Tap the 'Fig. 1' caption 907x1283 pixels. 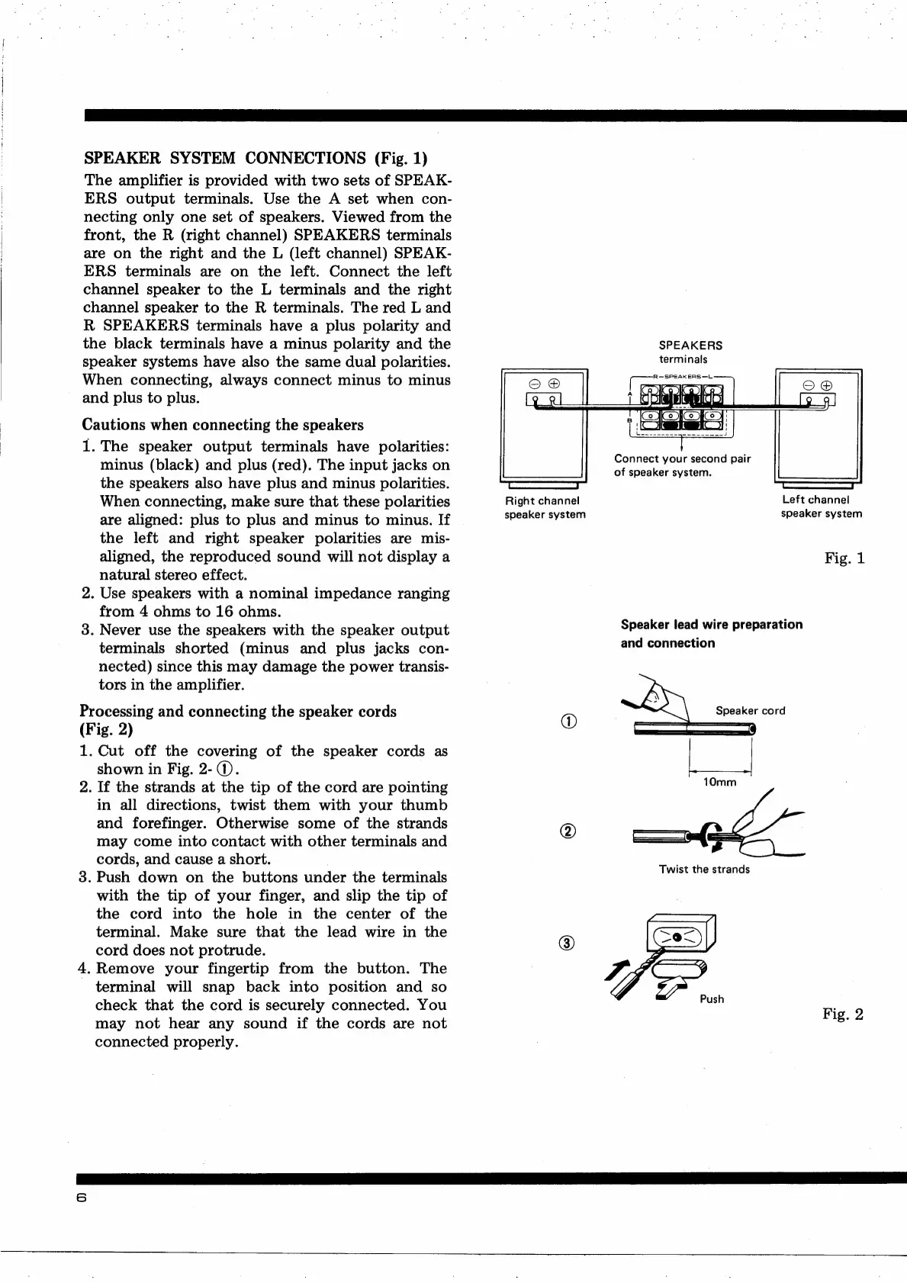[x=844, y=558]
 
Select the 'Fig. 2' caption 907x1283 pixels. [x=843, y=1015]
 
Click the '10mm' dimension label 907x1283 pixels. [x=719, y=783]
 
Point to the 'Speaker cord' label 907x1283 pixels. [x=750, y=711]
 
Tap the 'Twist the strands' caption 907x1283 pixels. [x=704, y=869]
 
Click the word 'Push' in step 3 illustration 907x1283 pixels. [x=712, y=999]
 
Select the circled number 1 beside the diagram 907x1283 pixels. [x=568, y=721]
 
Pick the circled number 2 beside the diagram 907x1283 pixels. [x=568, y=831]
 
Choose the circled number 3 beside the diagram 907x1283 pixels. [x=568, y=943]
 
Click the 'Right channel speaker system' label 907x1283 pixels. [x=545, y=507]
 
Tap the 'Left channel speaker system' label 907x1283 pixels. [x=821, y=507]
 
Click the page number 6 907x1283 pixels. [x=82, y=1198]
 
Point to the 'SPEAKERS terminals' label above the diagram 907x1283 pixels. [x=690, y=352]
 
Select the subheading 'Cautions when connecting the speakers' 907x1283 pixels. [x=223, y=425]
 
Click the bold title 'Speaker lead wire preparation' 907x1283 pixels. [x=711, y=625]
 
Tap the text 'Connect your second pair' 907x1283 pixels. [x=682, y=459]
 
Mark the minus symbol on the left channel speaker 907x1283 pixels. [x=809, y=384]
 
